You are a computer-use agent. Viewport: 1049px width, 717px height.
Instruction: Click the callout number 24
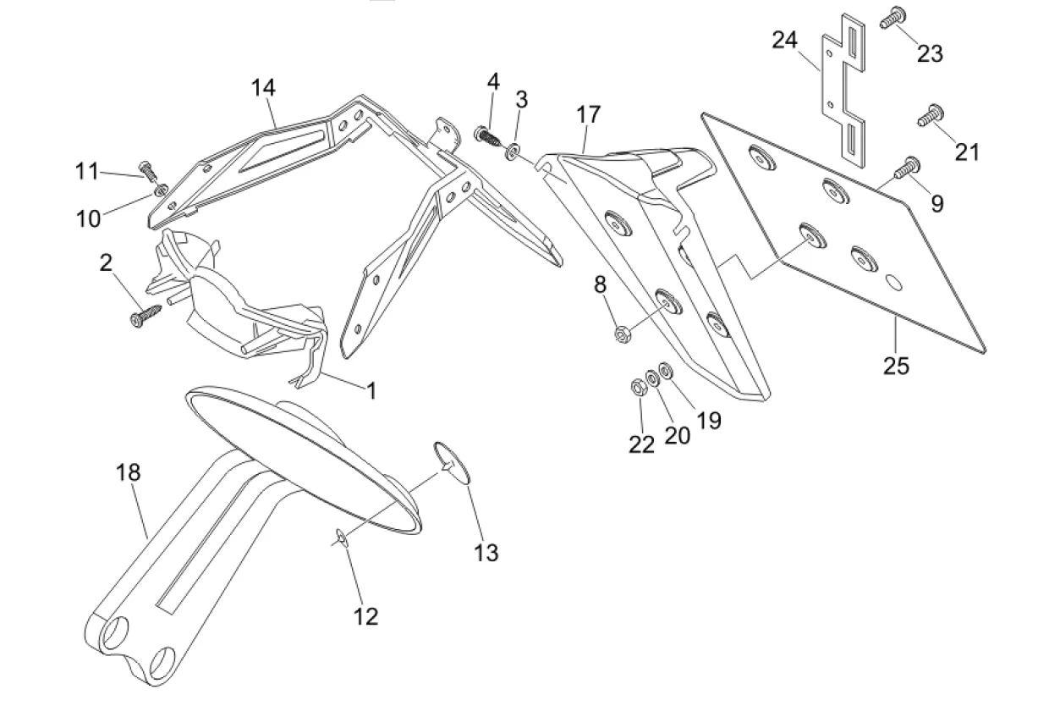[784, 40]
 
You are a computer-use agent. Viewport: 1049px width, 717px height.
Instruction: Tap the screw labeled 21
[931, 115]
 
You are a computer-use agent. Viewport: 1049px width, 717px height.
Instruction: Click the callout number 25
[896, 366]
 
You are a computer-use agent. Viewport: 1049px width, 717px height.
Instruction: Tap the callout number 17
[588, 114]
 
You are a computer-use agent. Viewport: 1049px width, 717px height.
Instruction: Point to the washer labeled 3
[514, 152]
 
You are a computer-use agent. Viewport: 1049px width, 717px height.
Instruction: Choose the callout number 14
[263, 87]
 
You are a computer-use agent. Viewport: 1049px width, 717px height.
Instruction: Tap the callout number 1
[371, 390]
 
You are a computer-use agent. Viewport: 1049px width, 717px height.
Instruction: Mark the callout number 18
[128, 472]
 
